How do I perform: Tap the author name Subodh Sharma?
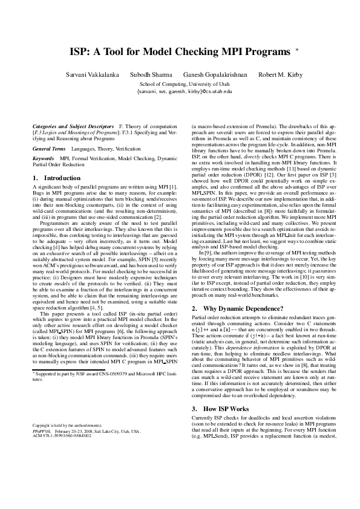(148, 74)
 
